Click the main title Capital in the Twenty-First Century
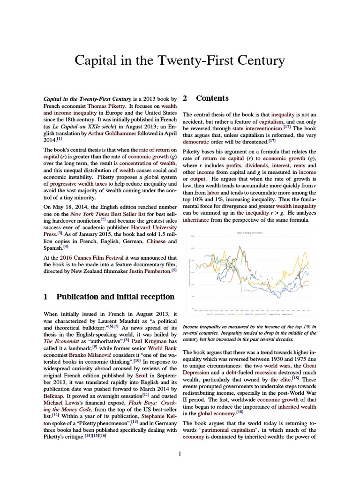coord(180,61)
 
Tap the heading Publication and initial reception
coord(115,297)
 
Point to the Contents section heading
coord(212,98)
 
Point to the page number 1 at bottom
coord(180,453)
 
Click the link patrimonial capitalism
coord(232,430)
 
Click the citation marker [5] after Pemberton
coord(174,270)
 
